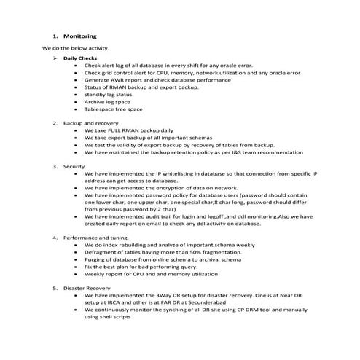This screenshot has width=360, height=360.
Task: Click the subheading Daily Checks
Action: tap(80, 57)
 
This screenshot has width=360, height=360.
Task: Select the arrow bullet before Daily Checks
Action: tap(55, 57)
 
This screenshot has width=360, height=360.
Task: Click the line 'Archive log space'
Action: tap(107, 101)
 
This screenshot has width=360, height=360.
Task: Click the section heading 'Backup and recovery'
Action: tap(90, 123)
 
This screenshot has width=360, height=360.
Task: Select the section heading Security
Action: tap(74, 167)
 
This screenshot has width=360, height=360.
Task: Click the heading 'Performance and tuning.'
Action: tap(96, 238)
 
